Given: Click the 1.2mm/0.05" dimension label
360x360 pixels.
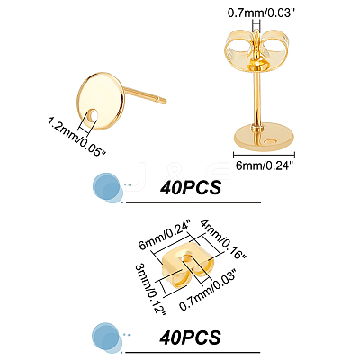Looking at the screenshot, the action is (77, 137).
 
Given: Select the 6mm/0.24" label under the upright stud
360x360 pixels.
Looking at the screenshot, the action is (264, 166).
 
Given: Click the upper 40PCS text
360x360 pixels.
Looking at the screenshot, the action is (191, 188).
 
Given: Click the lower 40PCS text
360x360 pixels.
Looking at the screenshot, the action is (190, 337).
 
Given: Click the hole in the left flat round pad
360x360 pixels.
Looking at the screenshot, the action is (94, 115).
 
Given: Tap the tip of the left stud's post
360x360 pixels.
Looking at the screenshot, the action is (165, 101).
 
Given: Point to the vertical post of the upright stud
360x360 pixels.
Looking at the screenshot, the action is (256, 97).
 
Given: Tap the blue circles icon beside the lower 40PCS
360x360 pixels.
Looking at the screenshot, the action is (107, 337).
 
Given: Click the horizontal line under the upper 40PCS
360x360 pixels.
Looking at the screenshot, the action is (193, 202).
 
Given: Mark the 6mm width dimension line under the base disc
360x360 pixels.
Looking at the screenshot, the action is (264, 155).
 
